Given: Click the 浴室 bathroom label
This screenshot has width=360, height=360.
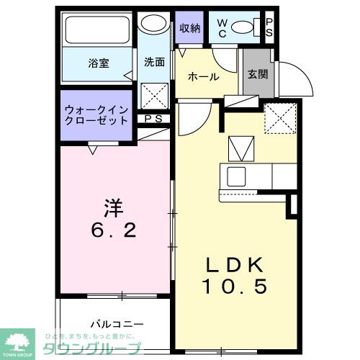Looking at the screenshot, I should pyautogui.click(x=99, y=63).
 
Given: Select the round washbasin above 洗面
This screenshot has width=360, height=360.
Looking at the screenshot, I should pyautogui.click(x=152, y=24).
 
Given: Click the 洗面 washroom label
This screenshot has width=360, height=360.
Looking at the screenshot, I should pyautogui.click(x=153, y=63).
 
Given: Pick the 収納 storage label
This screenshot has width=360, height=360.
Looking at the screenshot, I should pyautogui.click(x=190, y=28).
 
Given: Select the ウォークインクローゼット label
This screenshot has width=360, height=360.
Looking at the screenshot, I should pyautogui.click(x=96, y=114).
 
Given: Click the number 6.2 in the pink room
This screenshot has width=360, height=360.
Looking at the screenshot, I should pyautogui.click(x=114, y=232).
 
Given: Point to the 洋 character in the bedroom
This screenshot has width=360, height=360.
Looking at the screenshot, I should pyautogui.click(x=114, y=208).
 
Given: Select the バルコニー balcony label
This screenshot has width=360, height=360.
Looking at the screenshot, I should pyautogui.click(x=117, y=324).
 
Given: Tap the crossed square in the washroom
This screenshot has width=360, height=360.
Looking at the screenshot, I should pyautogui.click(x=153, y=95).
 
